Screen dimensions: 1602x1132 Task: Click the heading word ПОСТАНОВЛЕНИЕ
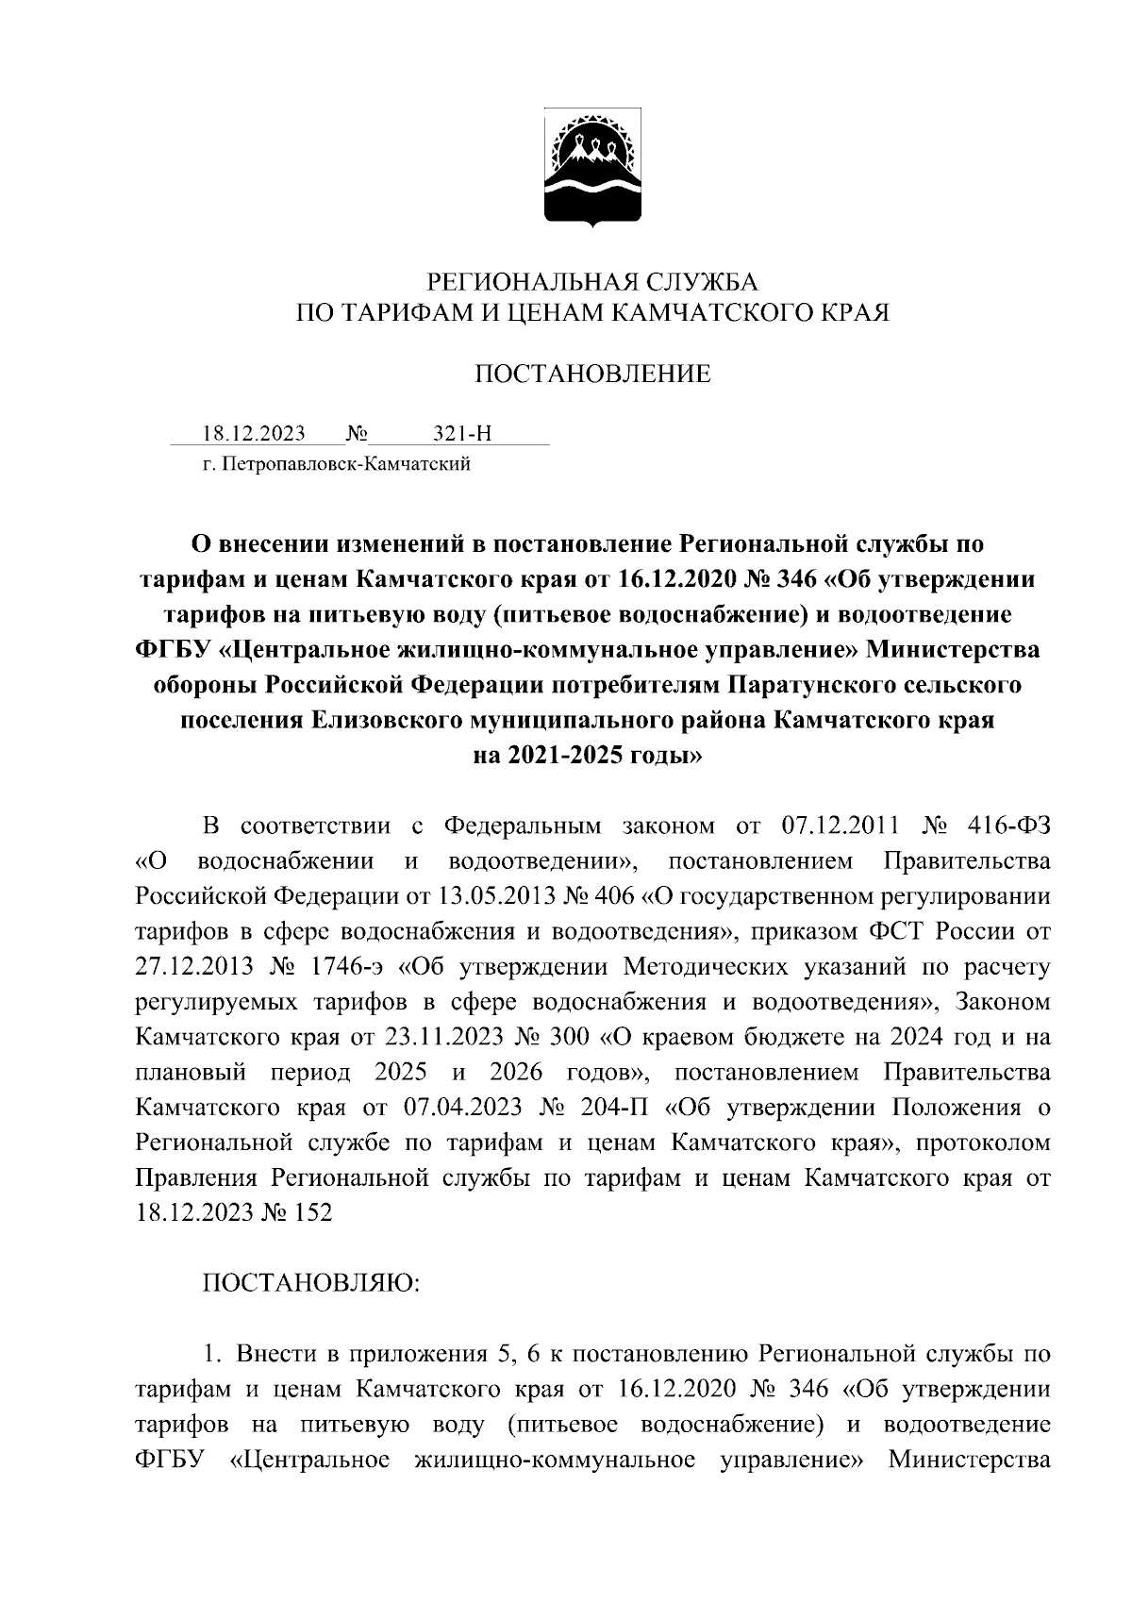[591, 375]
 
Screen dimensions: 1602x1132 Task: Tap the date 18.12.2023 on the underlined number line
[254, 434]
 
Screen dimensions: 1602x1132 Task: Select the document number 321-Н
[462, 434]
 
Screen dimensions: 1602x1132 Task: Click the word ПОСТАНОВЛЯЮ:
[312, 1283]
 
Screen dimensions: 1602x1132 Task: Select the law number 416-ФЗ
[1008, 826]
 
